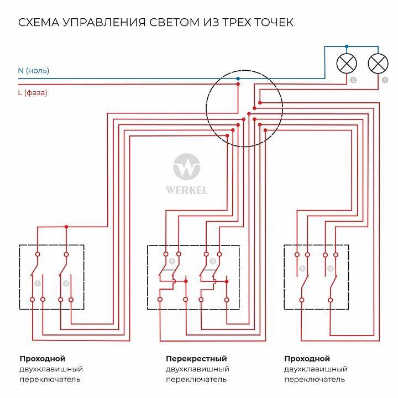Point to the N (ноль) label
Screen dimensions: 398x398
tap(33, 71)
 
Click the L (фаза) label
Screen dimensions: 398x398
tap(33, 93)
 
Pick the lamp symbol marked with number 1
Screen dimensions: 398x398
tap(378, 64)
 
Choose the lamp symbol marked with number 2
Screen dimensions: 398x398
tap(347, 64)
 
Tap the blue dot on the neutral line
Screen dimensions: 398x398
tap(238, 78)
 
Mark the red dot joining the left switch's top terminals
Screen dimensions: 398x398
tap(66, 227)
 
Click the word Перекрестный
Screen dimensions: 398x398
tap(196, 359)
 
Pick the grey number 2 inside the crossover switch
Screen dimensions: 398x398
tap(212, 261)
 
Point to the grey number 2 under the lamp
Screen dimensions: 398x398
tap(353, 81)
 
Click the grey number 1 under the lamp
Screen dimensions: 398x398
tap(385, 81)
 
